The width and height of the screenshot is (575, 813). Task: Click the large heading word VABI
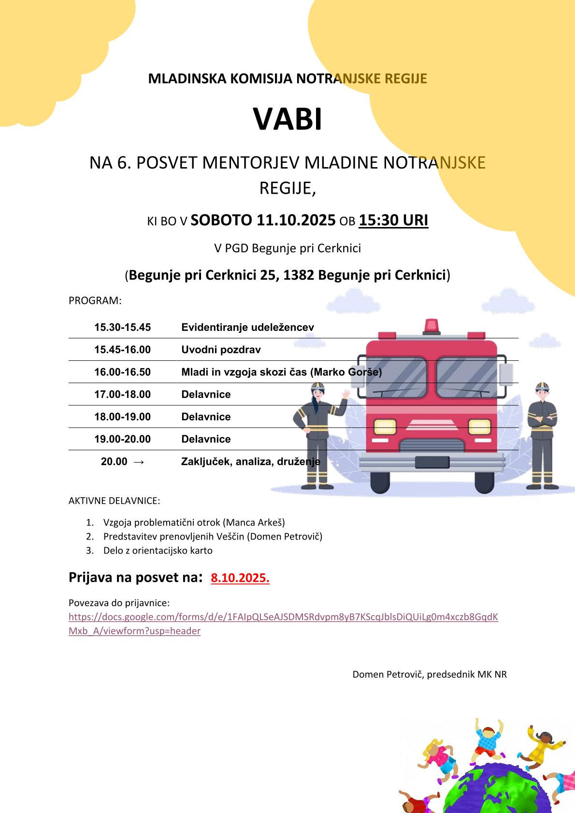(x=287, y=119)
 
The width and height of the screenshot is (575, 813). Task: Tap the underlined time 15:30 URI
(x=393, y=220)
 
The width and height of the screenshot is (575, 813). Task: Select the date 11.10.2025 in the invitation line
(x=296, y=220)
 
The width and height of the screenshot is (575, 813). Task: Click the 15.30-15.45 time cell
(x=122, y=328)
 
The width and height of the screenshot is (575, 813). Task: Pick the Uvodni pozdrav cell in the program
(x=221, y=350)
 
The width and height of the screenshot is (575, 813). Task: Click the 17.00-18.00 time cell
(x=122, y=394)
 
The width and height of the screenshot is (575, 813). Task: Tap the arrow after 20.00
(x=139, y=462)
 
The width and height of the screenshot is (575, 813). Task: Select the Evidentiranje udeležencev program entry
(x=247, y=328)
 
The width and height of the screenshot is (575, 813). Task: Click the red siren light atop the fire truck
(x=431, y=326)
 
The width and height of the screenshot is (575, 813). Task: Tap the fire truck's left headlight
(x=385, y=427)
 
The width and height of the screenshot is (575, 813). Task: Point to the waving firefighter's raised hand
(x=345, y=394)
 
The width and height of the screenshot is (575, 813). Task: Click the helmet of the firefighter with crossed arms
(x=542, y=387)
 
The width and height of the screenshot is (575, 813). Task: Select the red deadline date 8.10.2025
(x=240, y=578)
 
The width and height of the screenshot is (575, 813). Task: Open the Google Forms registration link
(x=283, y=617)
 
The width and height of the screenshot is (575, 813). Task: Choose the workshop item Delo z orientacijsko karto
(x=158, y=550)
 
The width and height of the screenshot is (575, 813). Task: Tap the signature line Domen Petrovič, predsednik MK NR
(x=430, y=674)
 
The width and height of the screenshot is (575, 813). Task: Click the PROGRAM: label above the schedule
(x=95, y=300)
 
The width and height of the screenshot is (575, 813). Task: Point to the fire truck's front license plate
(x=432, y=462)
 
